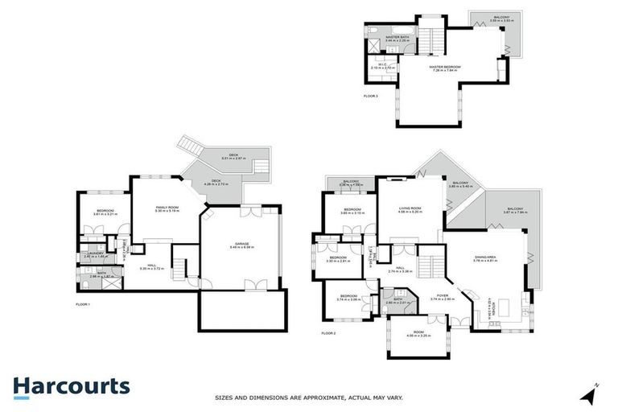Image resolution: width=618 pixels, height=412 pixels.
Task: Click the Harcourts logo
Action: point(71,385)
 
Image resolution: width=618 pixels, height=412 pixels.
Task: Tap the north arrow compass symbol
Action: point(591,395)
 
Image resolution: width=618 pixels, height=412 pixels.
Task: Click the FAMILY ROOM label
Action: point(168,208)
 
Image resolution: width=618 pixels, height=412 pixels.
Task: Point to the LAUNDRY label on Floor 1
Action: point(96,255)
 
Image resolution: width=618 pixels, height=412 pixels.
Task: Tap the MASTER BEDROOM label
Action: point(446,68)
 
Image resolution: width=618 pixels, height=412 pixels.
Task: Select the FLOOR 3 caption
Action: point(370,95)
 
